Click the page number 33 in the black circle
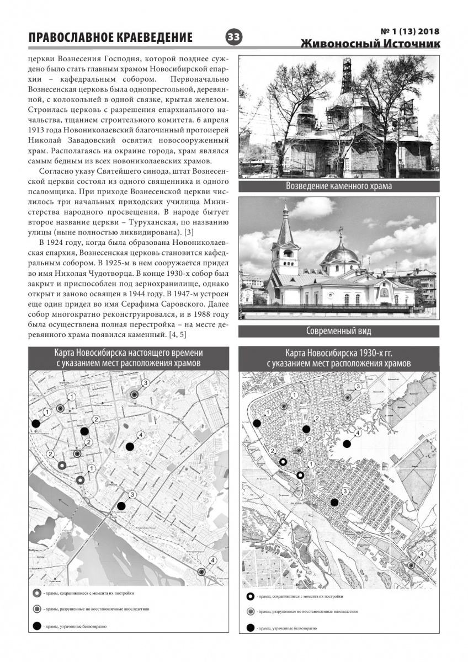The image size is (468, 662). click(x=233, y=36)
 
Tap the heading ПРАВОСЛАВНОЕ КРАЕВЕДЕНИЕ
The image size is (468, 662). click(x=110, y=38)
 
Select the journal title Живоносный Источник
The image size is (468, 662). click(x=370, y=44)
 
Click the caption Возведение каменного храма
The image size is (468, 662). click(x=339, y=186)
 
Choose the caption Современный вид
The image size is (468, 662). click(x=339, y=331)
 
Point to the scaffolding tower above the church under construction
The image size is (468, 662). click(x=346, y=74)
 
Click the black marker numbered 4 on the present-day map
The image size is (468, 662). click(x=130, y=446)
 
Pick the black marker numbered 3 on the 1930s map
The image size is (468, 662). click(x=334, y=502)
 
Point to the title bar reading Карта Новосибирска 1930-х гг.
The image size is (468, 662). click(x=339, y=357)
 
